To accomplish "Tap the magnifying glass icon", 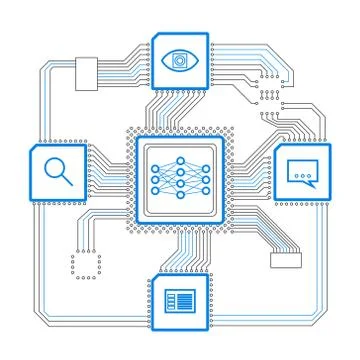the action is pyautogui.click(x=59, y=171).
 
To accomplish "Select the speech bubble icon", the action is pyautogui.click(x=302, y=172).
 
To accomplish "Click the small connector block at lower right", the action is pyautogui.click(x=285, y=260).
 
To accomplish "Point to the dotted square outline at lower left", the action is pyautogui.click(x=86, y=265).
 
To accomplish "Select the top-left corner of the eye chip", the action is pyautogui.click(x=152, y=33).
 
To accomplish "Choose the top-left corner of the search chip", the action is pyautogui.click(x=33, y=144).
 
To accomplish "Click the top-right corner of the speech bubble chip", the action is pyautogui.click(x=330, y=145).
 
